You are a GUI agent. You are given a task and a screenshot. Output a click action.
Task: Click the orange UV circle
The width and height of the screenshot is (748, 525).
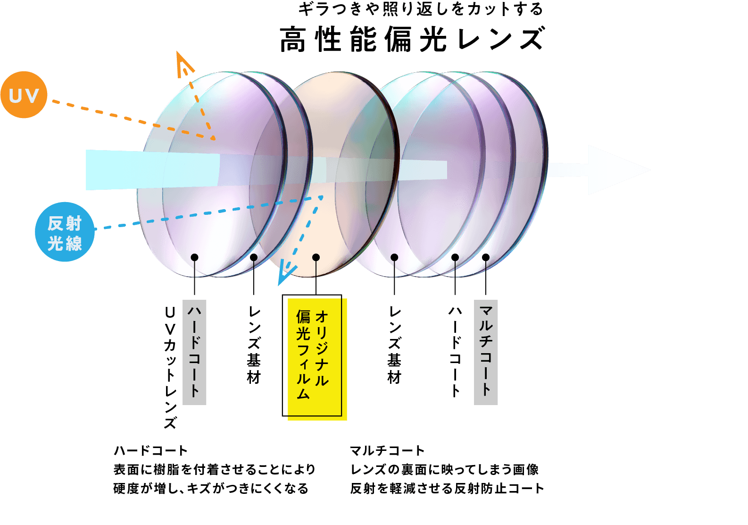(x=24, y=95)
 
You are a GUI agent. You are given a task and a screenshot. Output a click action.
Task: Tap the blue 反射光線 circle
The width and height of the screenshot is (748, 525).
(x=65, y=232)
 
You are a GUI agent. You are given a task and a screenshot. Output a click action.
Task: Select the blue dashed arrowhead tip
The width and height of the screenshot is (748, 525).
(x=280, y=284)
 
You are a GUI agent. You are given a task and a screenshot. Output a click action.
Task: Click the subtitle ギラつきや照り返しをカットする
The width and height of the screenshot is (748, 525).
(x=420, y=9)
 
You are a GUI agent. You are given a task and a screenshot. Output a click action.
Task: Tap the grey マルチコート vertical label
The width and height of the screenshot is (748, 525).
(x=486, y=352)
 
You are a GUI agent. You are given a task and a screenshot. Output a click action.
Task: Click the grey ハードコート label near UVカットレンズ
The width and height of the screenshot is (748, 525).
(x=194, y=352)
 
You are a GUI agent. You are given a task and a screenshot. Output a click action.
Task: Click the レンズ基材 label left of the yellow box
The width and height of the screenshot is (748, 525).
(x=254, y=345)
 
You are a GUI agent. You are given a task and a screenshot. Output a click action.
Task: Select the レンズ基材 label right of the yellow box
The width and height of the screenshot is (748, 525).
(x=394, y=345)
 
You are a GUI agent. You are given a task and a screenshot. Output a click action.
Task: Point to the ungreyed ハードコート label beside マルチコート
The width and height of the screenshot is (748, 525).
(x=455, y=352)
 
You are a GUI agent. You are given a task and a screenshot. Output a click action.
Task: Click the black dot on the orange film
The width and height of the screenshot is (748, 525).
(x=316, y=257)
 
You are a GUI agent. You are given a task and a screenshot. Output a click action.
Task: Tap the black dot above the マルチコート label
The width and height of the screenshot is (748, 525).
(x=486, y=257)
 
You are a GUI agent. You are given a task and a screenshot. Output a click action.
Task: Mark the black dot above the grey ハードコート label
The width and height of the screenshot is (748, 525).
(x=194, y=257)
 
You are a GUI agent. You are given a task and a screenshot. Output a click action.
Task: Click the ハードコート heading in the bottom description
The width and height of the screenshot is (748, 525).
(x=150, y=451)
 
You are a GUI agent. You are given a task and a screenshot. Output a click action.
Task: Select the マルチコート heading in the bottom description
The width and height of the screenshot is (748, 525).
(x=387, y=451)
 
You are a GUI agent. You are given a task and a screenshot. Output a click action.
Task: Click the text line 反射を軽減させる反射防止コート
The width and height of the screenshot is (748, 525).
(x=447, y=488)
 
